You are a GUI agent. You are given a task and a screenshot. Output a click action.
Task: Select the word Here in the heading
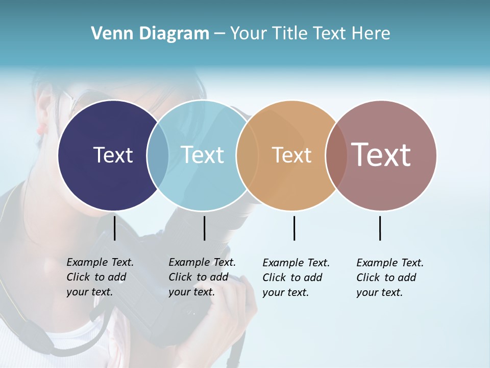point(372,34)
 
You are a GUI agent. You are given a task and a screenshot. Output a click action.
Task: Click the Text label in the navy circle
point(113,155)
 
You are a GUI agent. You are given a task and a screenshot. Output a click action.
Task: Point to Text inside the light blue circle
point(202,155)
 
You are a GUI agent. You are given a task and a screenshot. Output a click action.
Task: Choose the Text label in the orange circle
point(291,155)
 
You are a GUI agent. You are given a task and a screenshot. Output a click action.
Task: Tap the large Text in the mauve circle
point(381,155)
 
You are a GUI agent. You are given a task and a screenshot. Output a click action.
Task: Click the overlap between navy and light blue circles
point(158,155)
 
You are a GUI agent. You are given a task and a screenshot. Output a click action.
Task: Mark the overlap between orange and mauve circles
point(336,155)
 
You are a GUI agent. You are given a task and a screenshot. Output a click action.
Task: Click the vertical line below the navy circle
point(114,228)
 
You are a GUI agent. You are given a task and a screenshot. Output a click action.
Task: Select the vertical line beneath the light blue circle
point(204,228)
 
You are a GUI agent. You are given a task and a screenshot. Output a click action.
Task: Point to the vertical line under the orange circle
point(294,228)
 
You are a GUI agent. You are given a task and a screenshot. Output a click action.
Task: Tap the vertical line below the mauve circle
point(380,228)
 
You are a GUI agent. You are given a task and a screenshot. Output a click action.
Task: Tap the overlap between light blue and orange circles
point(247,155)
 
